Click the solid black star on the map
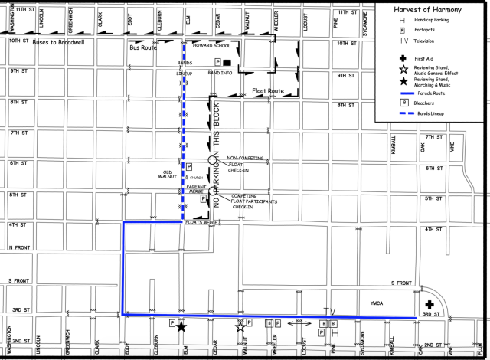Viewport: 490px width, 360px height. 181,326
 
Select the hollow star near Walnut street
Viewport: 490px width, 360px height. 240,326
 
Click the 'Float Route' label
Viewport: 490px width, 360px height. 268,91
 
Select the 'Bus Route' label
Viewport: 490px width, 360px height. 144,47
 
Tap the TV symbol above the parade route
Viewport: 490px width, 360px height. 329,310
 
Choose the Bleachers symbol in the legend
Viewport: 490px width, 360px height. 403,101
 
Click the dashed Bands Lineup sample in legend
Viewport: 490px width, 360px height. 403,113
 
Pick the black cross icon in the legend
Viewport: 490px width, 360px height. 403,57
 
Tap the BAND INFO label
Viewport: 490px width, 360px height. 220,72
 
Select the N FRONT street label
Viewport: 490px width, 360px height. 19,247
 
